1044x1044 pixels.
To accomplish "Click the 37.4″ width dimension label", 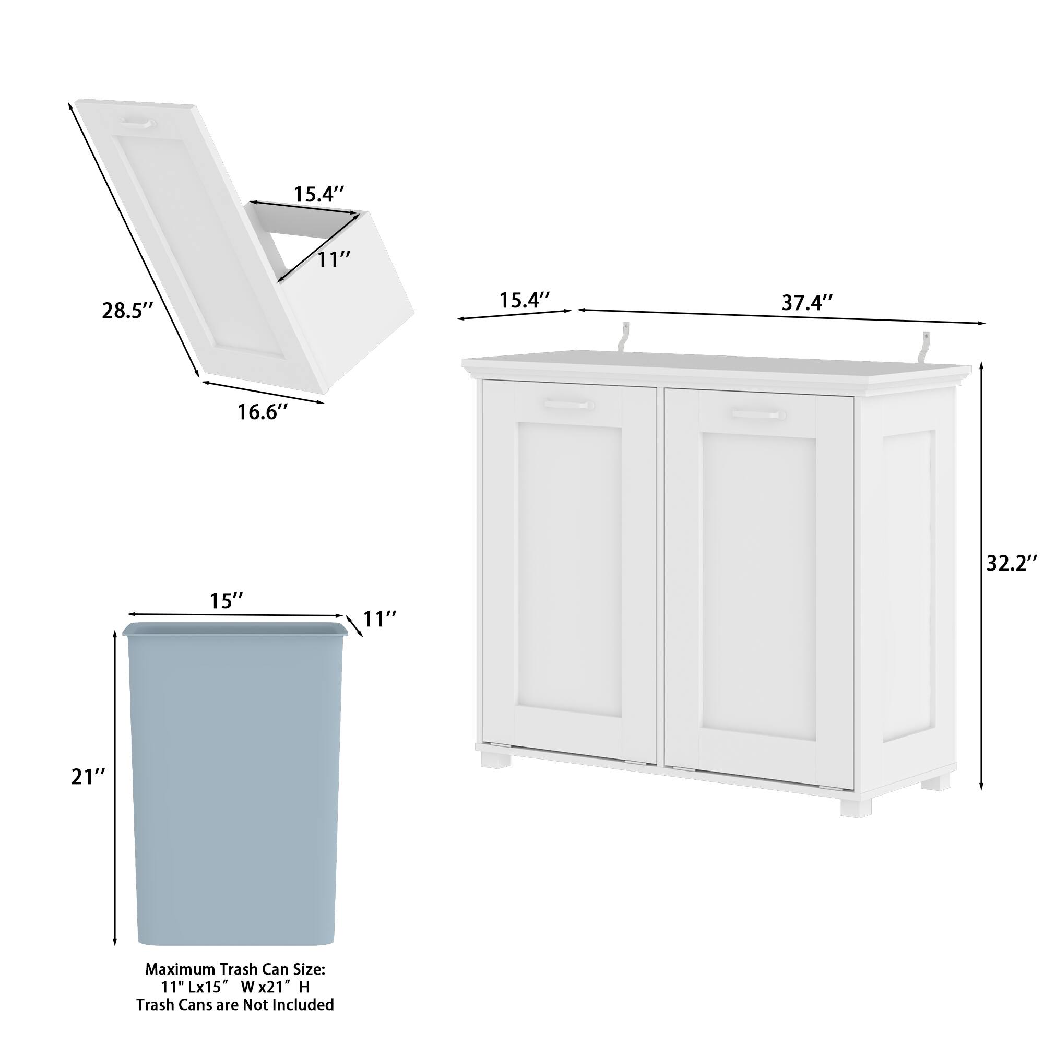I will (x=807, y=303).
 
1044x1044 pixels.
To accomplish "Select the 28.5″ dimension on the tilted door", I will (x=127, y=310).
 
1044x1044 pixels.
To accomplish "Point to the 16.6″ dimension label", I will (x=263, y=412).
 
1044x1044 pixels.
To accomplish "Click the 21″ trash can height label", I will (x=88, y=777).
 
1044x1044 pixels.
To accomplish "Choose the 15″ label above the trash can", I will (x=227, y=600).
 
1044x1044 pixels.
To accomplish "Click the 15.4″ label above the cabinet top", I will (x=524, y=301).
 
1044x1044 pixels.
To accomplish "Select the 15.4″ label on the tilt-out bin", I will (x=319, y=194).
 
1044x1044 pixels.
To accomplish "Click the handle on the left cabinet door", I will (x=569, y=404).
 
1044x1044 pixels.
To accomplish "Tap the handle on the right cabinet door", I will (x=758, y=414).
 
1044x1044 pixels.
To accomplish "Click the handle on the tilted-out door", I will (x=138, y=123).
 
